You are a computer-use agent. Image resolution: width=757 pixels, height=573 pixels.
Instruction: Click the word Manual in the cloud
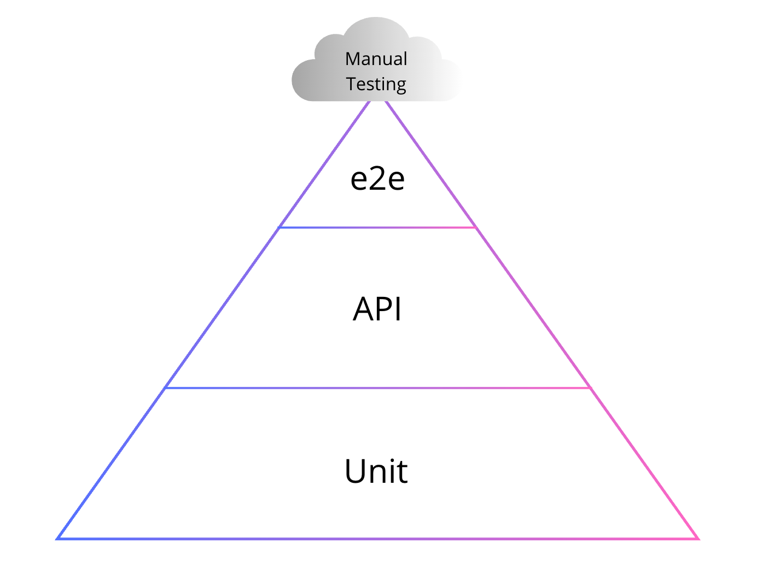376,59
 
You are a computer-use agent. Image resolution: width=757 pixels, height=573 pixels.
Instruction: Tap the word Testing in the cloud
376,84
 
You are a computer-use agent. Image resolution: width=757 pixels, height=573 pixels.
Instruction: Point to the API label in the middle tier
377,308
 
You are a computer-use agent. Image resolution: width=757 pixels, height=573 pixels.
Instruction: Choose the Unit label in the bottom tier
376,471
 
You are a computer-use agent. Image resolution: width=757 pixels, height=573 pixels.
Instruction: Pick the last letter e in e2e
396,180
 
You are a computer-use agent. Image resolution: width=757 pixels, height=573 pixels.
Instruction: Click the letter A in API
364,308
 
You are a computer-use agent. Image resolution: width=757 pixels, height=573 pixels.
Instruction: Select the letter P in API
386,308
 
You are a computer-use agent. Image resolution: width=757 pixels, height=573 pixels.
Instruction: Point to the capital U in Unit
355,471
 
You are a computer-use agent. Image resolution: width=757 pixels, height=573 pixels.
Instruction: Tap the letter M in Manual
352,59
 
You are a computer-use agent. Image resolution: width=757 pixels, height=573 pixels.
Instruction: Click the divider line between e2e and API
377,227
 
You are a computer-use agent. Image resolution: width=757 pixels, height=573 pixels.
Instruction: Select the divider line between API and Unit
377,388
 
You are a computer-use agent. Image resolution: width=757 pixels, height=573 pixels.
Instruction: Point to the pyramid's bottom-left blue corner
57,539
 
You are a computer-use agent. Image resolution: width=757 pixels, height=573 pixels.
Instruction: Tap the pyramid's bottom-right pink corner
698,539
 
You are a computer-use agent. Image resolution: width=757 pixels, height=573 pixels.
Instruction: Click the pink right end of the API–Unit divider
590,388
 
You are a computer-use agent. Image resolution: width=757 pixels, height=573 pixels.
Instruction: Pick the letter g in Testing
401,87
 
